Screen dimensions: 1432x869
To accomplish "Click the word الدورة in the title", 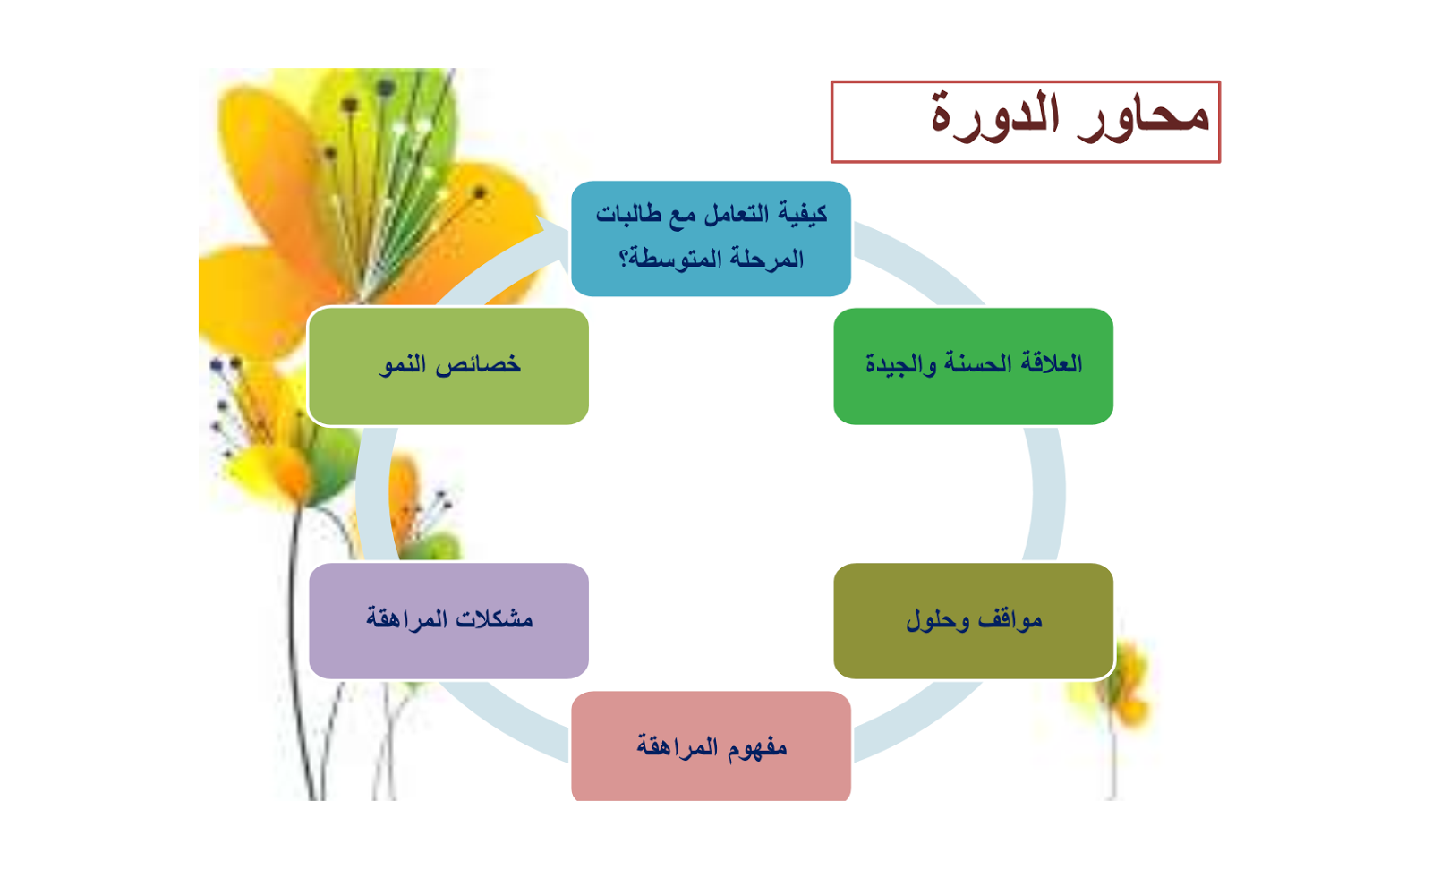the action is (x=994, y=115).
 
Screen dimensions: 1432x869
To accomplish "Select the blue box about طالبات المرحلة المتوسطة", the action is (x=711, y=239).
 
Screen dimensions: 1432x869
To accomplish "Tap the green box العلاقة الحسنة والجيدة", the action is (x=974, y=366).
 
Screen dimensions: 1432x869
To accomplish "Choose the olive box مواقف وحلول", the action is (x=974, y=621).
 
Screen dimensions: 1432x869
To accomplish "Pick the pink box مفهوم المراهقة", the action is (x=711, y=745).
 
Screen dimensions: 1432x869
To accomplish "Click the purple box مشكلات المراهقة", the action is (x=448, y=621).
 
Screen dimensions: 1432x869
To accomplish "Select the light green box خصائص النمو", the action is (x=448, y=366).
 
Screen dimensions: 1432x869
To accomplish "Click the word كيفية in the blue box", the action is (x=802, y=214).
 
